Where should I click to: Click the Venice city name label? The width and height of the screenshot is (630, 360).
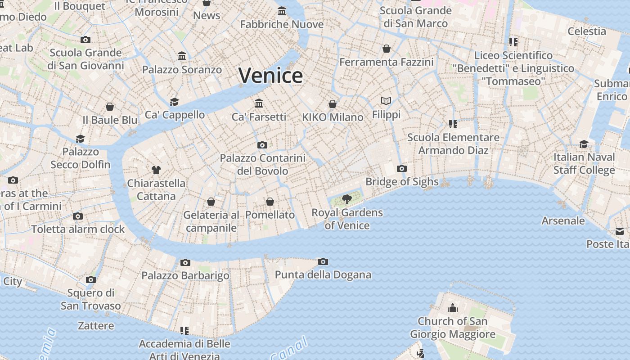pyautogui.click(x=270, y=75)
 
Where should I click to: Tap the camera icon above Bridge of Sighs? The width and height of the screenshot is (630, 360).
pyautogui.click(x=402, y=169)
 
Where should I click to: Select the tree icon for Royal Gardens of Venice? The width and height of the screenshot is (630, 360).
pyautogui.click(x=346, y=199)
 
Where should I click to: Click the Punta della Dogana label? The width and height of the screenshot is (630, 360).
pyautogui.click(x=323, y=274)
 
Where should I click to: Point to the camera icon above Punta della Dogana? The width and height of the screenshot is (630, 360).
pyautogui.click(x=323, y=261)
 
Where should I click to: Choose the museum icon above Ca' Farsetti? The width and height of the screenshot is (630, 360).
pyautogui.click(x=259, y=103)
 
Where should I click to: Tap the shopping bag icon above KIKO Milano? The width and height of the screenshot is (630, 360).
pyautogui.click(x=333, y=104)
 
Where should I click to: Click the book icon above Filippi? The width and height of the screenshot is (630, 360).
pyautogui.click(x=386, y=101)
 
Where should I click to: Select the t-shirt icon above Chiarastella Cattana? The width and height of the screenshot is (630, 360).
pyautogui.click(x=156, y=170)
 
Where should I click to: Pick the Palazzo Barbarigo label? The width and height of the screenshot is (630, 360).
pyautogui.click(x=185, y=275)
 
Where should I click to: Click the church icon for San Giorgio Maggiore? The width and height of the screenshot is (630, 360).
pyautogui.click(x=453, y=308)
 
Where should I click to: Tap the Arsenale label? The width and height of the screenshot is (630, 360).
pyautogui.click(x=563, y=220)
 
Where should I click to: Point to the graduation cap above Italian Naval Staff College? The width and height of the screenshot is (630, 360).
pyautogui.click(x=584, y=144)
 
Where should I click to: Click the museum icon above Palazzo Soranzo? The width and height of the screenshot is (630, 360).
pyautogui.click(x=182, y=56)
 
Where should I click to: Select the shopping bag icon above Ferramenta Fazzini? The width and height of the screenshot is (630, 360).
pyautogui.click(x=386, y=49)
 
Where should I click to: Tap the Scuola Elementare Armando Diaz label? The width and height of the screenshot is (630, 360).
pyautogui.click(x=453, y=144)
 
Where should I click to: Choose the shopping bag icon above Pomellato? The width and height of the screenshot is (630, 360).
pyautogui.click(x=270, y=202)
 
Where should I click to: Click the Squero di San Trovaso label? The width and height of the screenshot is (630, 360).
pyautogui.click(x=91, y=299)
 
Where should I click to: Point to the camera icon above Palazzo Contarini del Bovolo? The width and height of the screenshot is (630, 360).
pyautogui.click(x=262, y=145)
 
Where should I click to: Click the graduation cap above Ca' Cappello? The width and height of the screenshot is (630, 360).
pyautogui.click(x=174, y=102)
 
